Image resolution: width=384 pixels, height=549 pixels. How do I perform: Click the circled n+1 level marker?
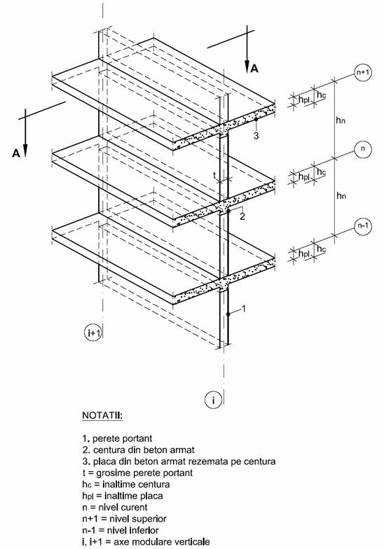[x=363, y=73]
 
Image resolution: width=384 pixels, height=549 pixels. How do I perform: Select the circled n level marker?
[x=363, y=149]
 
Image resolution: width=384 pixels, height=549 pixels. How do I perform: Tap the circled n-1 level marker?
[x=363, y=225]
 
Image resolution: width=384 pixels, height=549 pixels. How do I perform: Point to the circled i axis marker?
[x=213, y=399]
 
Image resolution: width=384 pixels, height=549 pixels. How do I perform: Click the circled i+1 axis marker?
[x=93, y=333]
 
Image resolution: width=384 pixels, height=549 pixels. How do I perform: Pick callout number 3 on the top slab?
[x=256, y=136]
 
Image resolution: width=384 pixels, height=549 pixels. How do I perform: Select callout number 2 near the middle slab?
[x=242, y=216]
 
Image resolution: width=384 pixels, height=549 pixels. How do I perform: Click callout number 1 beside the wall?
[x=244, y=308]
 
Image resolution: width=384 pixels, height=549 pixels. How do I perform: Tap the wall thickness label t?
[x=214, y=175]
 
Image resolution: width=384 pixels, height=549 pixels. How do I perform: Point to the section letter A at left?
[x=15, y=153]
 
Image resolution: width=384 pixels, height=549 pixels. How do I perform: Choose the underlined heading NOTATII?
[x=102, y=416]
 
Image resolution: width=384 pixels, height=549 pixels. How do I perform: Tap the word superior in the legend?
[x=149, y=518]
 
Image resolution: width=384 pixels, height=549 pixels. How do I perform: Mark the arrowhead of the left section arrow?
[x=25, y=150]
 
